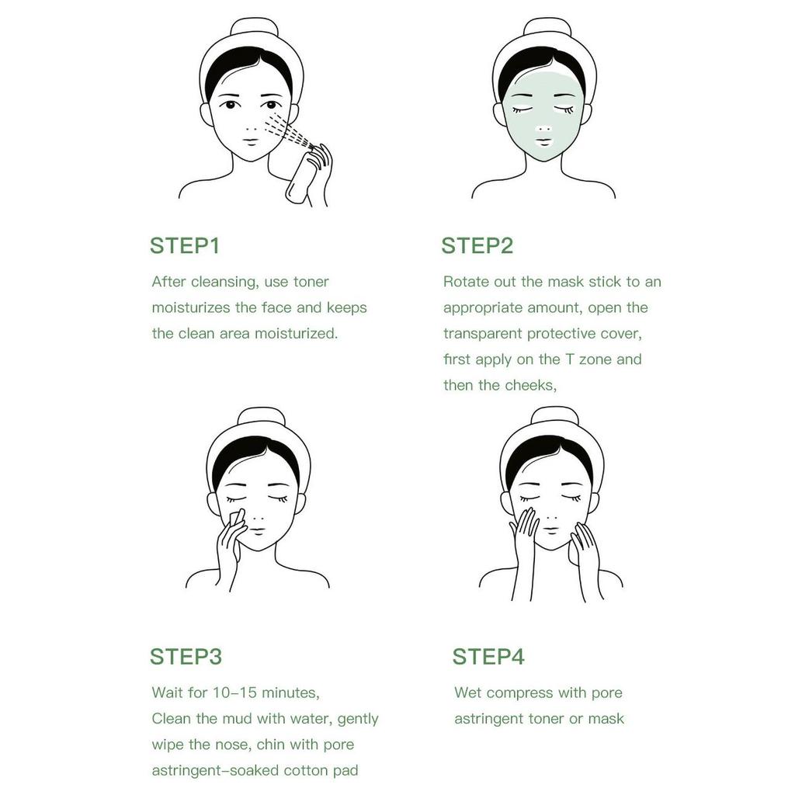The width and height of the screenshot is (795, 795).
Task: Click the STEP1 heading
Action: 185,246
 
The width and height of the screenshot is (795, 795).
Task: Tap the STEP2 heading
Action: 477,246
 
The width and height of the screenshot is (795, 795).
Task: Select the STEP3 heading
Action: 186,656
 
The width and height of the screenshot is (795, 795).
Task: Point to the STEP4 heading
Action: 488,656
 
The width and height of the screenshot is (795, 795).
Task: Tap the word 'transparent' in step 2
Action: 483,334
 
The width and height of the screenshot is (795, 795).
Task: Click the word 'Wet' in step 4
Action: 468,693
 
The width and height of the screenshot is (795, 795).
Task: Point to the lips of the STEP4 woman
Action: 550,530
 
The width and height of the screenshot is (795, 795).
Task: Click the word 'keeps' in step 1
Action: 346,307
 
